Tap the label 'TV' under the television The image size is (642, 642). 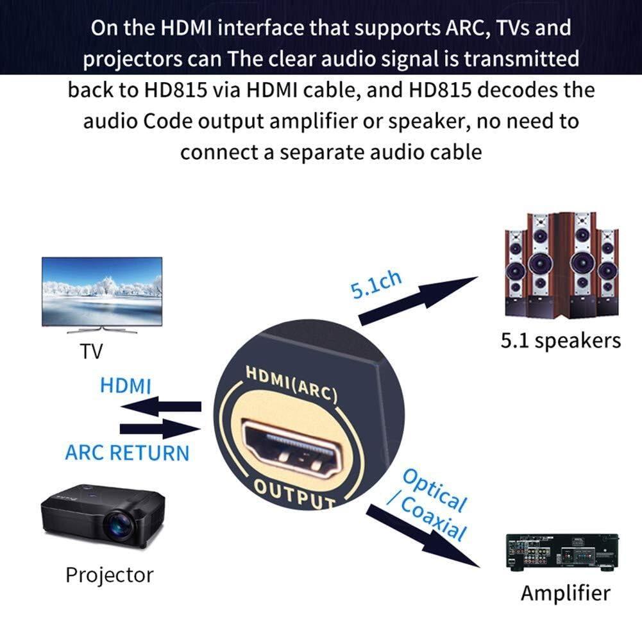pos(91,351)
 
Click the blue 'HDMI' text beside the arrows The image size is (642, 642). pos(126,386)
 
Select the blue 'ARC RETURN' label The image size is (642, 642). pos(127,453)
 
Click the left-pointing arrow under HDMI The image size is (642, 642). pos(160,407)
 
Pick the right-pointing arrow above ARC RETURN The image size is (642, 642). pos(160,429)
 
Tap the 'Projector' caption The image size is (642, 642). pos(109,575)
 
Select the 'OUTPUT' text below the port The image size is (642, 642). pos(294,494)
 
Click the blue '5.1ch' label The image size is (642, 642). pos(376,284)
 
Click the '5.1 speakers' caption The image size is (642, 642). pos(561,340)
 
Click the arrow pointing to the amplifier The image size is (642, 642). pos(423,536)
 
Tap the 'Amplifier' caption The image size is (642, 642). pos(565,593)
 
